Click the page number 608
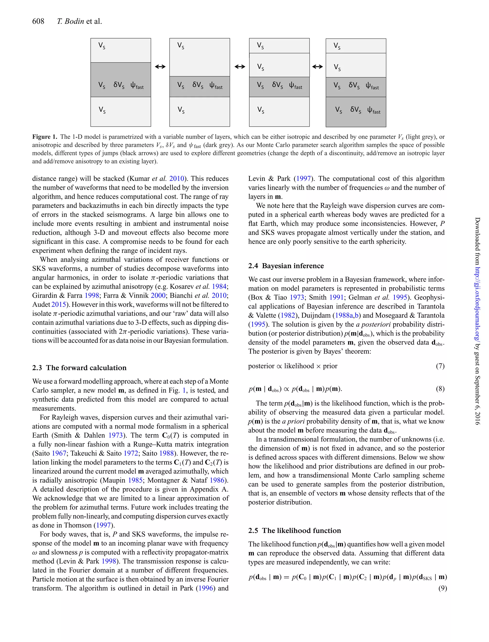(x=38, y=21)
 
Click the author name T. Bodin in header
(x=71, y=21)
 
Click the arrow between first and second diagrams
(x=160, y=67)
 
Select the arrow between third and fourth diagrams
(x=317, y=67)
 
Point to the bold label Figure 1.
(x=45, y=137)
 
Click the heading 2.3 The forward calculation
(x=79, y=368)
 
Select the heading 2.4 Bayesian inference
(x=286, y=266)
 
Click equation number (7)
(x=440, y=366)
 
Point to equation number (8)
(x=440, y=389)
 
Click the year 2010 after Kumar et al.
(x=177, y=178)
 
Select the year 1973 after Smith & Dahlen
(x=116, y=435)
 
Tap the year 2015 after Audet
(x=58, y=304)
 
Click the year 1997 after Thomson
(x=104, y=525)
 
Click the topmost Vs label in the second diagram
(x=181, y=46)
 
